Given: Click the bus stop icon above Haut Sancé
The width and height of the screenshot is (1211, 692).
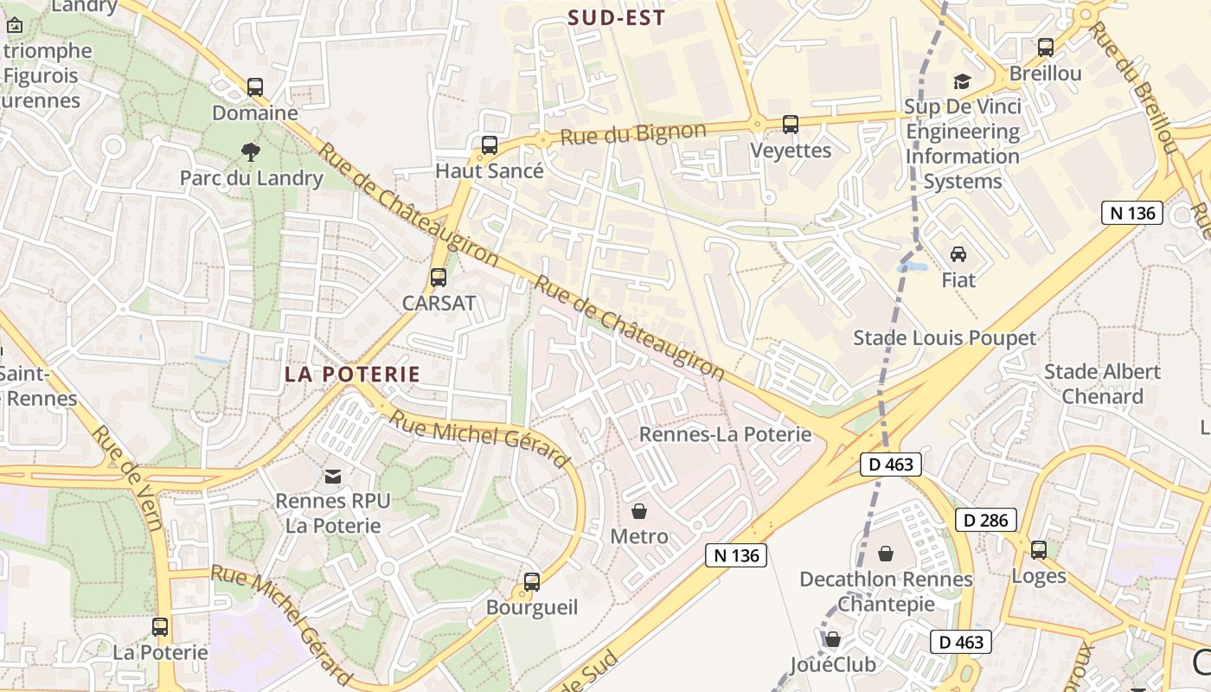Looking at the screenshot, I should coord(490,145).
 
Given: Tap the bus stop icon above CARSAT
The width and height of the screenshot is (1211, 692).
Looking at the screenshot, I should coord(439,278).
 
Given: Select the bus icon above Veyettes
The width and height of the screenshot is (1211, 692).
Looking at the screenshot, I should coord(791,125).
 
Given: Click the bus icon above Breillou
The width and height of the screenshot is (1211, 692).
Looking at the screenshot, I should coord(1046,48).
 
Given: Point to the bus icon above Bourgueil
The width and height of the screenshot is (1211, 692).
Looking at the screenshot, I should coord(532,582).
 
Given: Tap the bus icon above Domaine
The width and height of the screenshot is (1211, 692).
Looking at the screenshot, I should coord(255,87).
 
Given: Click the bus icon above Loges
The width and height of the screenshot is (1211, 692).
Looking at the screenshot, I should coord(1039,549).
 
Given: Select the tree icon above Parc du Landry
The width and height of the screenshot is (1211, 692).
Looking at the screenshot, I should coord(251,152).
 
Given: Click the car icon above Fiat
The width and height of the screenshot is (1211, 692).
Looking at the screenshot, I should coord(958,254).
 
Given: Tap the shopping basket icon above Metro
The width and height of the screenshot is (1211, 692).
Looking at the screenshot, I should coord(639,511).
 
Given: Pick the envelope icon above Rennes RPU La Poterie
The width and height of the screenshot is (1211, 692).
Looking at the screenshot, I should coord(333,476).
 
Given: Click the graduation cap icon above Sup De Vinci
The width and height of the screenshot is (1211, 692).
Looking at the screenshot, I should coord(962,81).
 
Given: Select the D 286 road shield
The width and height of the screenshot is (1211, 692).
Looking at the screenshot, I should coord(986,520).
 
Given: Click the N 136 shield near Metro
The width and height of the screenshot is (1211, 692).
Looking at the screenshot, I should coord(736,555).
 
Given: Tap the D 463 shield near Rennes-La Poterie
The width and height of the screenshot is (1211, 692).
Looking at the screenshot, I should coord(891,465).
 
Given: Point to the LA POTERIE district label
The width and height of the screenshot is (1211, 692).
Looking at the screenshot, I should coord(352,375).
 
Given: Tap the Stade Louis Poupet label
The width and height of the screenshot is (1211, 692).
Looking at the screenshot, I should coord(945,337).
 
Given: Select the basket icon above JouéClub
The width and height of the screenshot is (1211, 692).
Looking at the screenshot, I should coord(833,639).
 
